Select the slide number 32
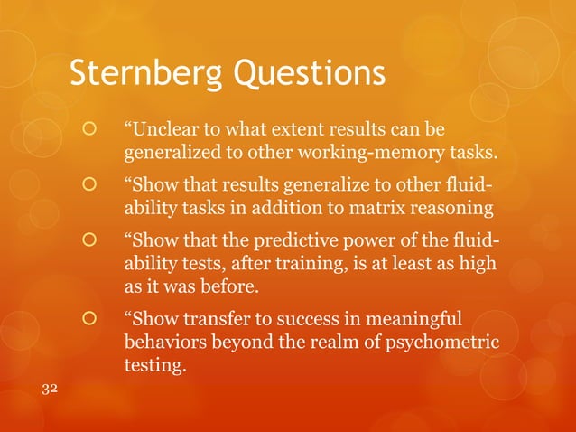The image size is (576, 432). (x=51, y=388)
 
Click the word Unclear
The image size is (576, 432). (x=160, y=123)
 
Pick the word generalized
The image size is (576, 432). (x=164, y=146)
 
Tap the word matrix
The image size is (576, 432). (x=378, y=210)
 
